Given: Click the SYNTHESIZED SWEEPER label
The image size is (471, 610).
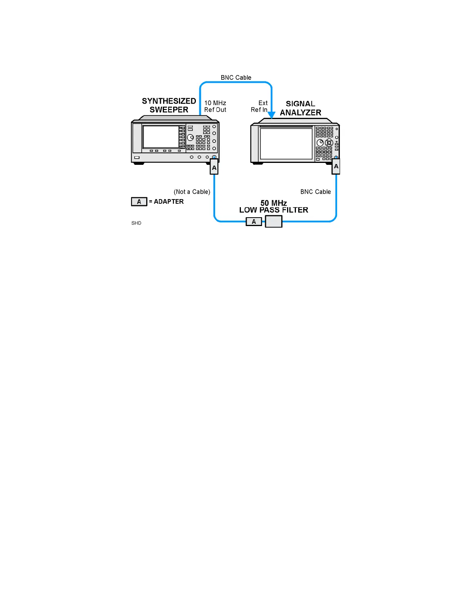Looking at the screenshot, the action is [x=169, y=105].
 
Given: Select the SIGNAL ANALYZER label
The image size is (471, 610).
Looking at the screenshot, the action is [x=301, y=108].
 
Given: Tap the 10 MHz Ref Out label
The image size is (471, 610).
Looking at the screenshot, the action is [x=215, y=106].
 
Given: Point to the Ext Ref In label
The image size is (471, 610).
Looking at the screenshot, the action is [x=259, y=106].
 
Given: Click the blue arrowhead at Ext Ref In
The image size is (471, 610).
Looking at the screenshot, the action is [x=272, y=115].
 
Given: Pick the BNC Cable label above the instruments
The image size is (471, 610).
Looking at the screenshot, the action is [x=236, y=77].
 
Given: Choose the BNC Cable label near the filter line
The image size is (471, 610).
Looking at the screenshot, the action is [x=316, y=192].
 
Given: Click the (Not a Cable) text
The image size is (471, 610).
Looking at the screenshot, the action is [x=192, y=192].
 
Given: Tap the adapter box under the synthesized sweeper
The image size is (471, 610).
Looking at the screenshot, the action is [x=214, y=168].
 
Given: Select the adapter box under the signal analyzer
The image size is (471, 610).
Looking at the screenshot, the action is [x=336, y=167].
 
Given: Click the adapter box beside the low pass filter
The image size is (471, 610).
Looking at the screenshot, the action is [x=254, y=222].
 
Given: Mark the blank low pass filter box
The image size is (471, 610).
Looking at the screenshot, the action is [x=274, y=221].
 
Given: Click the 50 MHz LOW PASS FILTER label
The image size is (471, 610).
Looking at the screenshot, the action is [x=274, y=206].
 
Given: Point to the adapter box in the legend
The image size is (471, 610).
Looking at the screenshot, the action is [x=139, y=202].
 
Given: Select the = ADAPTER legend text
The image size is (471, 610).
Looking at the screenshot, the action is [x=166, y=201].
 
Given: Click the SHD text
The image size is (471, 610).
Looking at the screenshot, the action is [x=136, y=223].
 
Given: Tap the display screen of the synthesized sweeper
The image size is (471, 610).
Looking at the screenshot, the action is [x=161, y=136].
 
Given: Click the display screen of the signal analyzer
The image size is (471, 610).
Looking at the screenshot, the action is [x=286, y=143].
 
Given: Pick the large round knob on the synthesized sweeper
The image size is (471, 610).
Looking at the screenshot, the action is [x=190, y=137].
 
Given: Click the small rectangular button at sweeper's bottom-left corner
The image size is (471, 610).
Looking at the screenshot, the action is [x=137, y=158].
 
